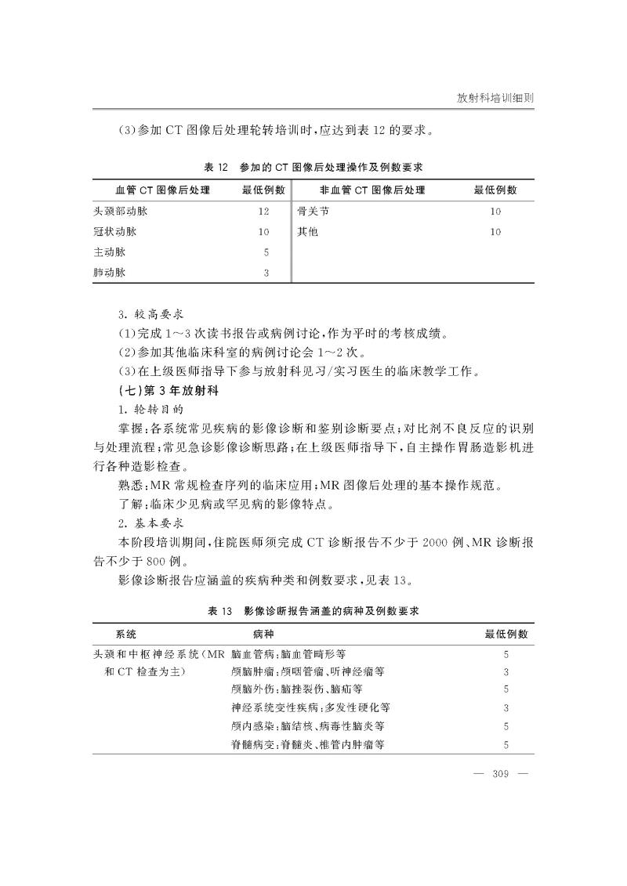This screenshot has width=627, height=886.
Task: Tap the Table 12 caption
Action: pos(313,168)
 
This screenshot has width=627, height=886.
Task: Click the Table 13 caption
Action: pos(313,610)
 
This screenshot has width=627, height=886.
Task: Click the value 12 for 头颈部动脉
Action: pos(263,212)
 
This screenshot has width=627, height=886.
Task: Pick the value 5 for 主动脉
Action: pos(266,252)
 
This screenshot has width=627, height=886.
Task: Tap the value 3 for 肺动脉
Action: pos(266,273)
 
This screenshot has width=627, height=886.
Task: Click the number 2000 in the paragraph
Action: pos(435,543)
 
